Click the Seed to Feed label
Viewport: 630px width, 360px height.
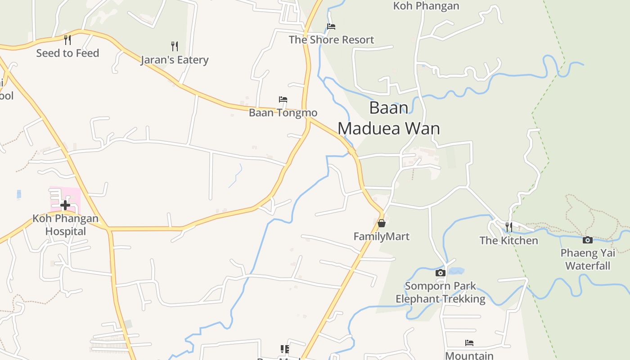click(x=67, y=53)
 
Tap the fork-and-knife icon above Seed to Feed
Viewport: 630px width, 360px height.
click(x=67, y=40)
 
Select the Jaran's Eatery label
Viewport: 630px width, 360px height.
click(x=175, y=60)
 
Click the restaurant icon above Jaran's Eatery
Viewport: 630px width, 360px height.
click(x=175, y=46)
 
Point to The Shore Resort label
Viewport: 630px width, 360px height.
click(x=331, y=40)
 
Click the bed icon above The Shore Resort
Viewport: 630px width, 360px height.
click(x=331, y=27)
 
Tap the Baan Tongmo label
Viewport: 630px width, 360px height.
click(x=283, y=112)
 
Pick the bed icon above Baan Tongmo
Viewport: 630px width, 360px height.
click(x=283, y=99)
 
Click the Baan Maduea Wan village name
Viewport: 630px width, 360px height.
click(x=389, y=118)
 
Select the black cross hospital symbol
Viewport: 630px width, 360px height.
click(x=65, y=206)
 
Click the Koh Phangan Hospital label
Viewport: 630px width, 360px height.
click(x=65, y=225)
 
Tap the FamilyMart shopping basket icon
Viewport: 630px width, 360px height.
click(x=382, y=223)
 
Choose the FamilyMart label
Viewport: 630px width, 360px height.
click(x=382, y=236)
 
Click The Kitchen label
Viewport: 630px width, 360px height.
click(x=508, y=240)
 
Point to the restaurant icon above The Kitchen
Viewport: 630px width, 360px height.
click(x=508, y=227)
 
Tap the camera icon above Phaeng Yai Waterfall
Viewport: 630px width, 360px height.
click(x=588, y=240)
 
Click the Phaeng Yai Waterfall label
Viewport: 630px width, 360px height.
click(x=588, y=259)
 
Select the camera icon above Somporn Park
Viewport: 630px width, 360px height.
click(x=441, y=273)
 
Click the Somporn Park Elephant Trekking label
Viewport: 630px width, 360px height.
click(x=441, y=292)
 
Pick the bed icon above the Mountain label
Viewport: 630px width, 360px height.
click(x=469, y=343)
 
